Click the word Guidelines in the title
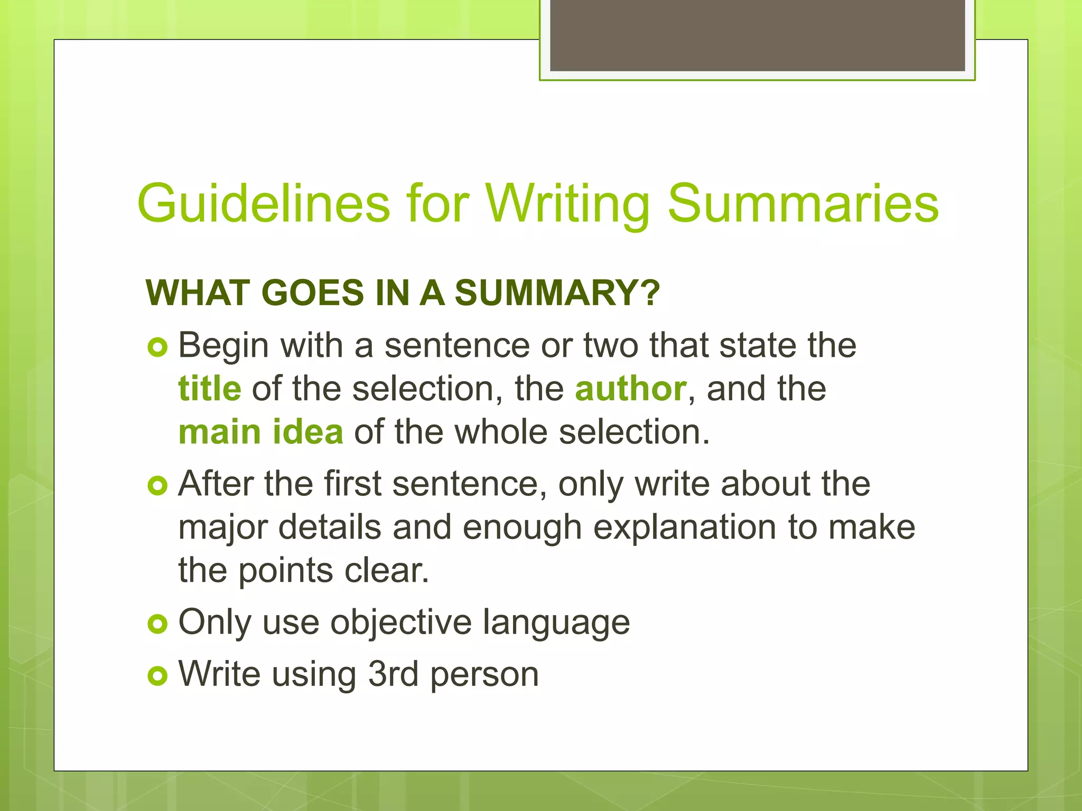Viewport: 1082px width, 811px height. coord(263,204)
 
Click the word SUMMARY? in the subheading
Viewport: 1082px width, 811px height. coord(557,293)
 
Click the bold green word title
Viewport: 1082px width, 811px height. coord(210,389)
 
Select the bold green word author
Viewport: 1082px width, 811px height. coord(631,389)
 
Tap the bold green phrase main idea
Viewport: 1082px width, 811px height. coord(261,432)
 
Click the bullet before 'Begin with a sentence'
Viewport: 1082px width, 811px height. coord(157,347)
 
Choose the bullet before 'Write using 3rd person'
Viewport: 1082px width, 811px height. coord(157,676)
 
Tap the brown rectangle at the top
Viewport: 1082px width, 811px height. coord(757,35)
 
